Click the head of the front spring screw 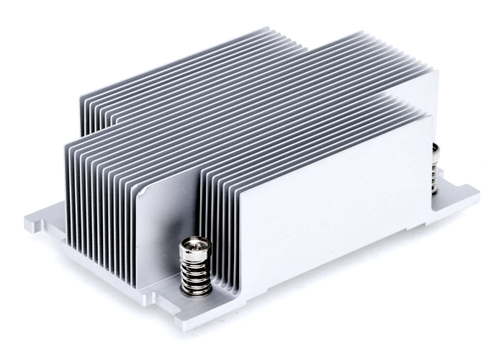(193, 247)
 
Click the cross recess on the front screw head (193, 245)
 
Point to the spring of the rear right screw (435, 176)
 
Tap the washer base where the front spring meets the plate (197, 291)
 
